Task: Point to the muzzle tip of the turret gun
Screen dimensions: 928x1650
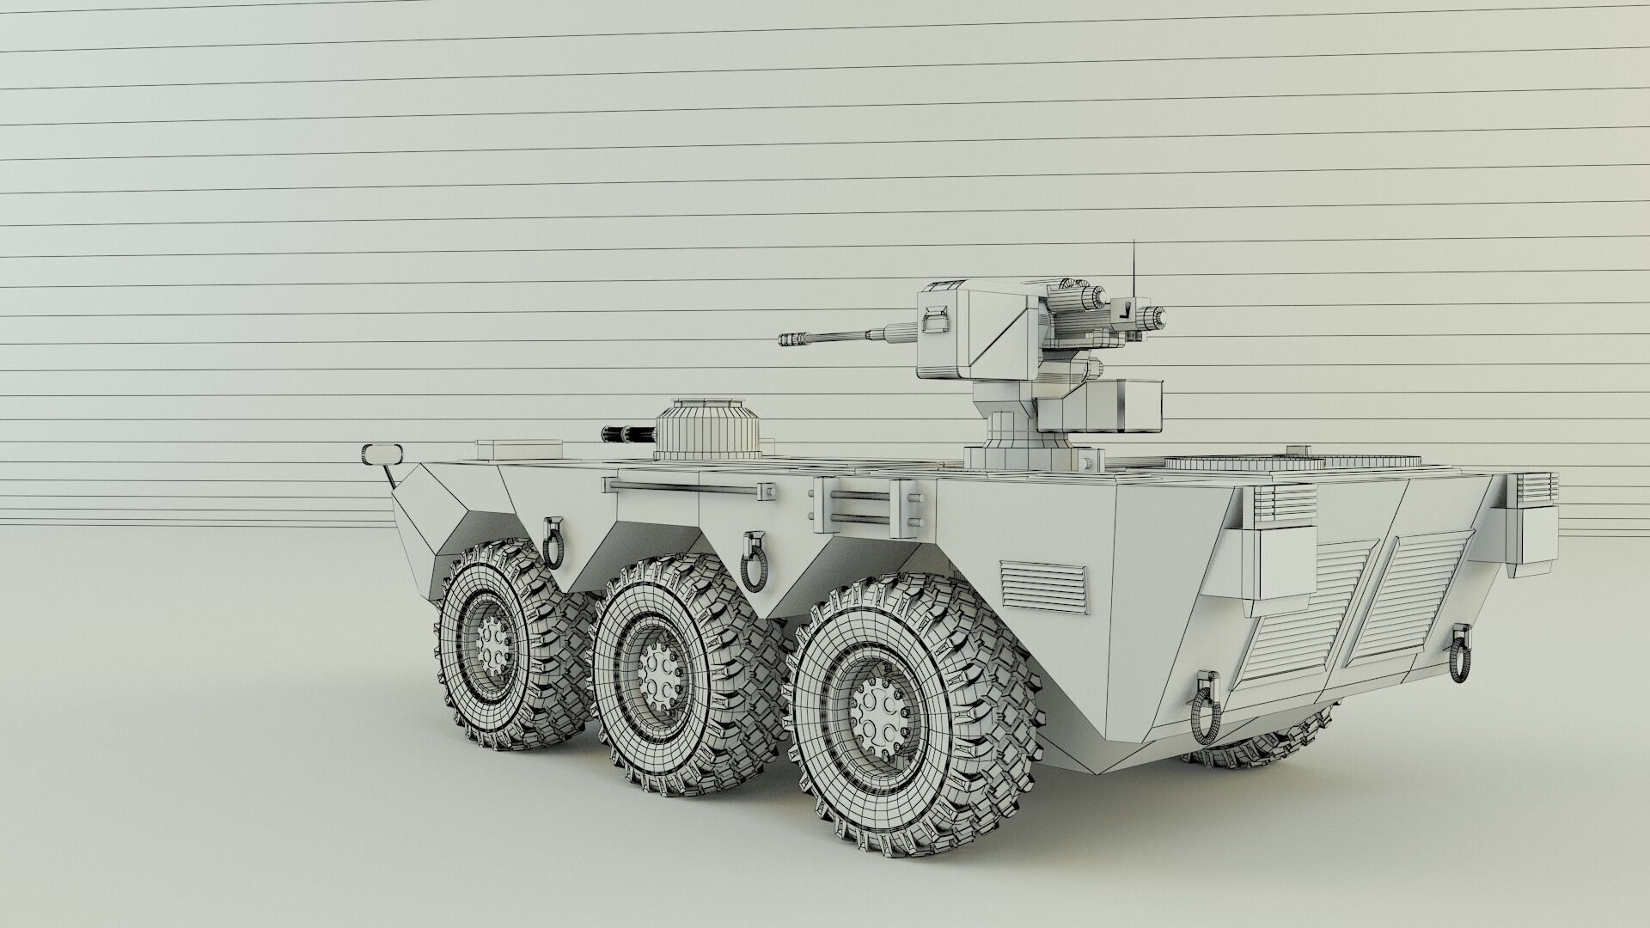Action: [x=785, y=340]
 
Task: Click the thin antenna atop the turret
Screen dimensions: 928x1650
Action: [x=1134, y=266]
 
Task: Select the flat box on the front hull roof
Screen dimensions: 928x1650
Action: [x=518, y=447]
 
